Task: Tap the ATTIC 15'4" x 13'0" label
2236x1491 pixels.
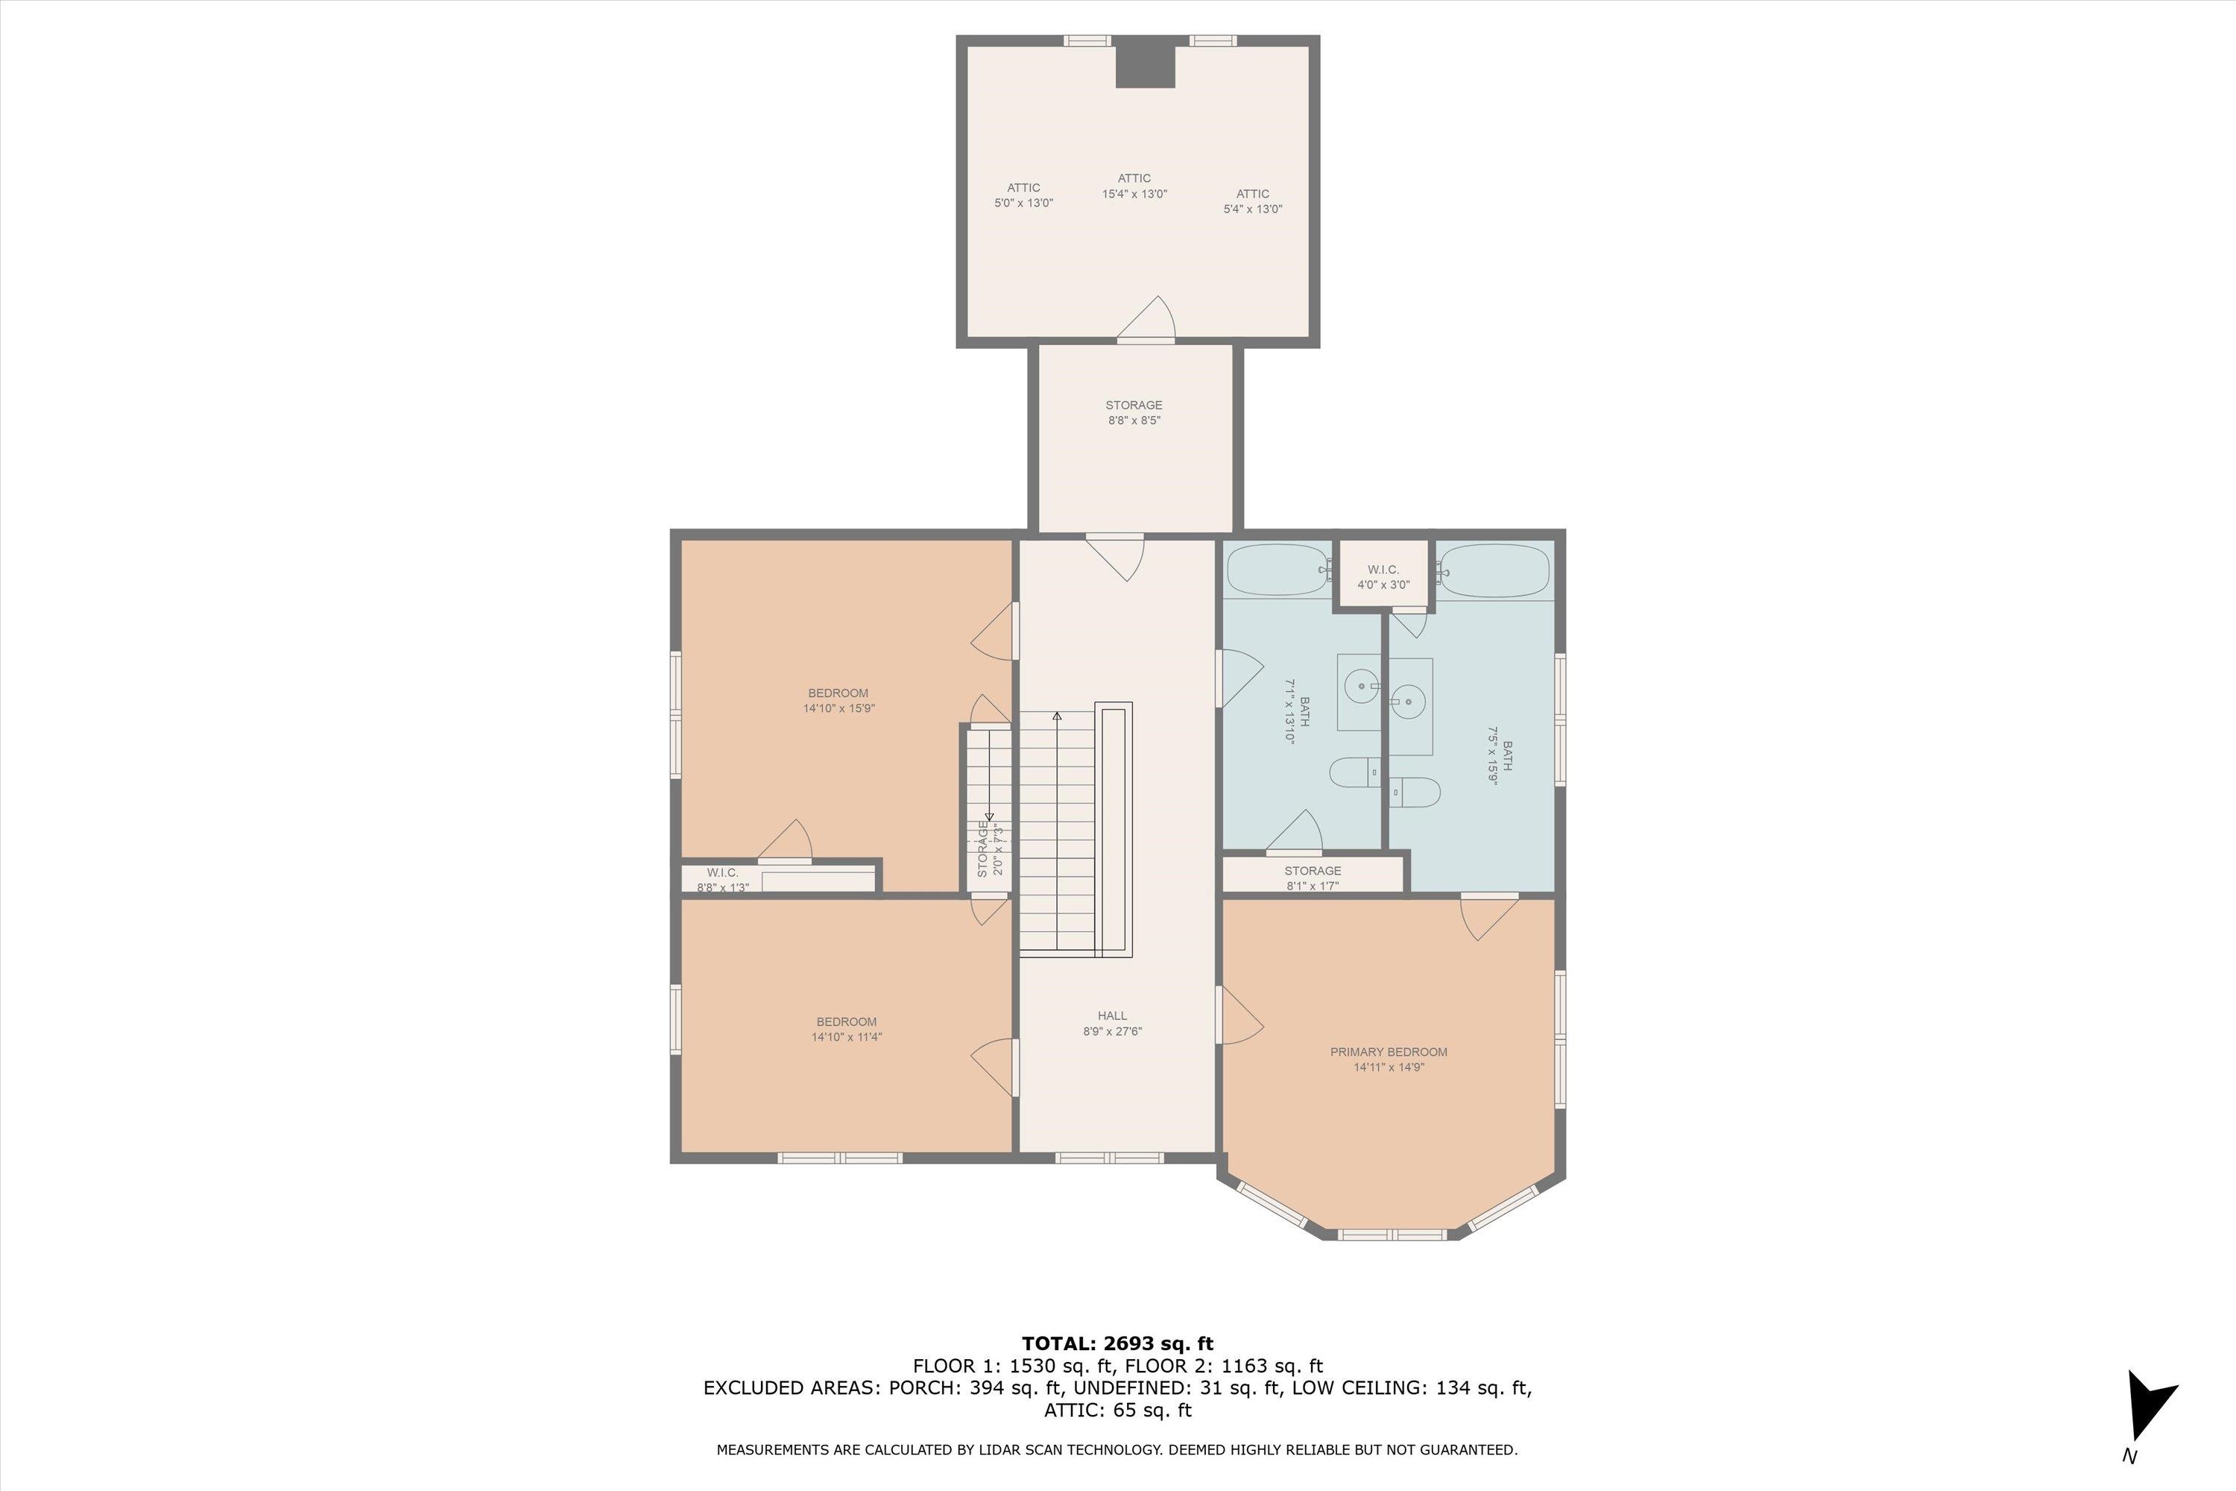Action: pyautogui.click(x=1134, y=186)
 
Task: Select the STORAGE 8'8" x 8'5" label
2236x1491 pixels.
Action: pyautogui.click(x=1134, y=413)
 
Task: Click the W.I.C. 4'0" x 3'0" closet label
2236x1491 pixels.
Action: pyautogui.click(x=1383, y=577)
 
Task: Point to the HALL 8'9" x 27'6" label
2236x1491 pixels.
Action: pyautogui.click(x=1112, y=1023)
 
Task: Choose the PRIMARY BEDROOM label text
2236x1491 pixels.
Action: pyautogui.click(x=1389, y=1052)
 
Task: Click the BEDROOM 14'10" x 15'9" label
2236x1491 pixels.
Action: pyautogui.click(x=838, y=701)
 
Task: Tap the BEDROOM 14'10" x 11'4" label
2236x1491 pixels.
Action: pyautogui.click(x=846, y=1030)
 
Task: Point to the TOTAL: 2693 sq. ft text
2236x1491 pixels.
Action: pyautogui.click(x=1118, y=1343)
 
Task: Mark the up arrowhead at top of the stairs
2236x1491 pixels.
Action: pyautogui.click(x=1057, y=715)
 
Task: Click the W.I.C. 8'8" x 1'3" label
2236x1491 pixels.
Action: pyautogui.click(x=722, y=880)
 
